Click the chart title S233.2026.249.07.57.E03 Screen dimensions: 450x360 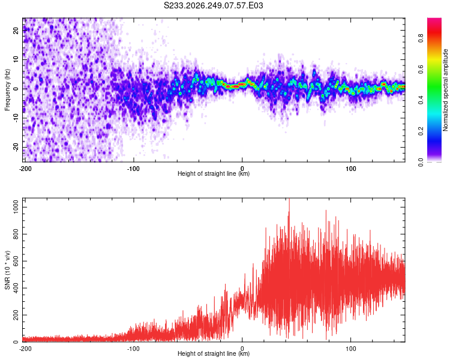click(213, 5)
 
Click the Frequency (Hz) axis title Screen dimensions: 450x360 click(7, 89)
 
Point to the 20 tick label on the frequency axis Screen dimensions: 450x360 click(16, 30)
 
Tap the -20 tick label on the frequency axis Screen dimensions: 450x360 click(16, 147)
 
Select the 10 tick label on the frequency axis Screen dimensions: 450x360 click(16, 59)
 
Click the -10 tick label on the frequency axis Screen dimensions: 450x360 click(16, 118)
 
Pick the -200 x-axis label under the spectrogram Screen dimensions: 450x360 click(25, 169)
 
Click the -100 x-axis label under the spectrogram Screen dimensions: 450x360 click(133, 169)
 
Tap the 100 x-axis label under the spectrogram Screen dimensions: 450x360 click(351, 169)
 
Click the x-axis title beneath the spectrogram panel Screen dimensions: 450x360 click(214, 173)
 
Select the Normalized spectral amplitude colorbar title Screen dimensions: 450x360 click(445, 90)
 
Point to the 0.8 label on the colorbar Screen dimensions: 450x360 click(421, 38)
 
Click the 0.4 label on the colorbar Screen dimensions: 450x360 click(421, 100)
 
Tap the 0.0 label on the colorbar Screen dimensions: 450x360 click(421, 162)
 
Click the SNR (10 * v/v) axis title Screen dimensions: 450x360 click(7, 270)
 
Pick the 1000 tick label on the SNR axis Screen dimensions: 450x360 click(16, 207)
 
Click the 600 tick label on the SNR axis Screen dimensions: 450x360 click(16, 261)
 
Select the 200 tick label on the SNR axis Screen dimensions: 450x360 click(16, 315)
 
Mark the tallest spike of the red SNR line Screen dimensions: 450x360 click(289, 199)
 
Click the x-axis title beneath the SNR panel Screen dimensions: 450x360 click(214, 353)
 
